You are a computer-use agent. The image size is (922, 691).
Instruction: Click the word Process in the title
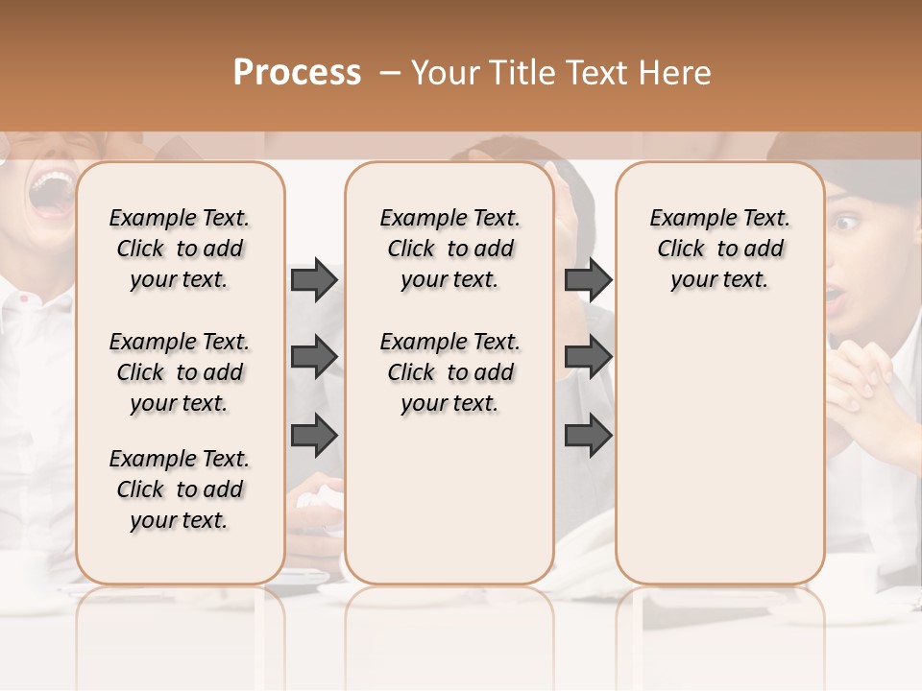click(297, 73)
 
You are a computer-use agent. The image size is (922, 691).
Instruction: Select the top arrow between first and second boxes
click(314, 280)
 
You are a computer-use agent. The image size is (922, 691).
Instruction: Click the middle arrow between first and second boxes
click(314, 358)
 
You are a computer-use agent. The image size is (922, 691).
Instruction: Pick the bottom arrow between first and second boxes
click(314, 435)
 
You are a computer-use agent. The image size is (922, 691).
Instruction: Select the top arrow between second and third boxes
click(588, 280)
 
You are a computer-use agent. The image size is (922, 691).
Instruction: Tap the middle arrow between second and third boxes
click(588, 358)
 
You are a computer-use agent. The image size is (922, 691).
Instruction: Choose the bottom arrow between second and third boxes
click(588, 435)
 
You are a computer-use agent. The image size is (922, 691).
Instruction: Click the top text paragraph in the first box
click(180, 249)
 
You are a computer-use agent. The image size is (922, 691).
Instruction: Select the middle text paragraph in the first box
click(180, 372)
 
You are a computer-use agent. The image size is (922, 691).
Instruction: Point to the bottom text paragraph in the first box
click(180, 489)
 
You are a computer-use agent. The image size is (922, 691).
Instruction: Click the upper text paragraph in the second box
click(449, 249)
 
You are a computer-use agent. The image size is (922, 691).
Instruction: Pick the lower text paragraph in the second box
click(449, 372)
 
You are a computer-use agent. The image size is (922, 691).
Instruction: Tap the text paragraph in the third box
click(720, 249)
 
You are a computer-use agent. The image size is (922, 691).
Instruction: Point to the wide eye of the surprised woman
click(845, 224)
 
